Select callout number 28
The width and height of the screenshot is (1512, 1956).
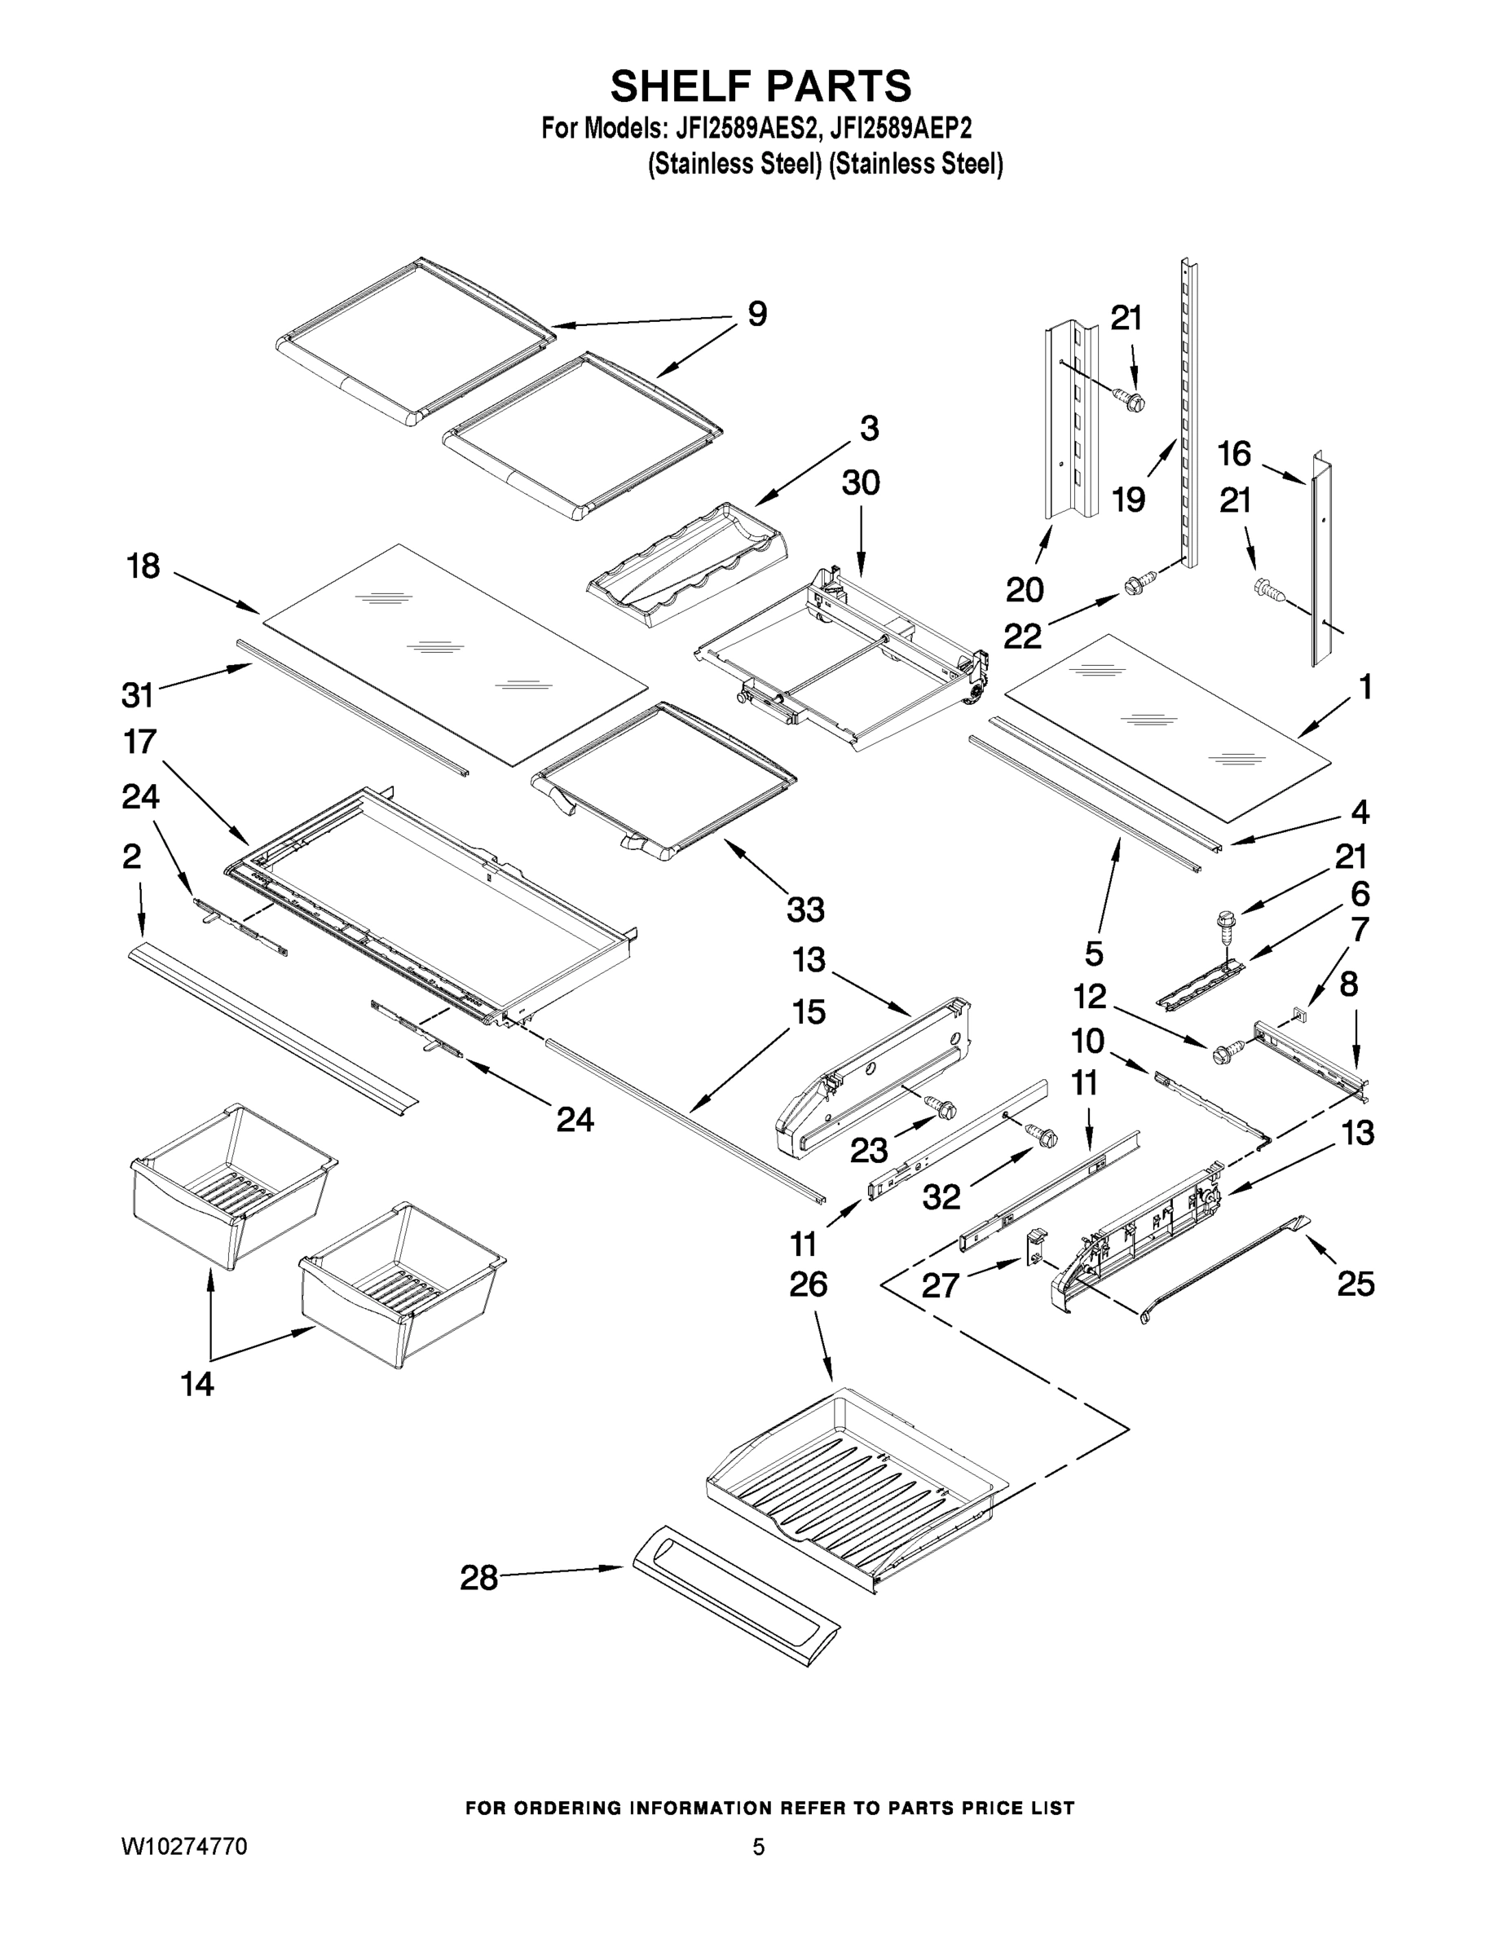coord(478,1578)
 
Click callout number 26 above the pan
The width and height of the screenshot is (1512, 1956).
coord(808,1284)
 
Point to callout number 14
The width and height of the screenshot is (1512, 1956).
coord(197,1384)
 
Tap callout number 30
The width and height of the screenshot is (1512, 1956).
coord(860,482)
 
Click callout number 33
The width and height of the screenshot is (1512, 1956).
coord(804,910)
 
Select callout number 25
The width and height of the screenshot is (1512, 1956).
coord(1356,1284)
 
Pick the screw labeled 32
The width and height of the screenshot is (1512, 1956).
coord(1042,1134)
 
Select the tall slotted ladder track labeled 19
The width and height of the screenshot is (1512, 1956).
coord(1188,412)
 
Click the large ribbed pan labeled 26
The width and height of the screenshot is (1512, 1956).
coord(851,1478)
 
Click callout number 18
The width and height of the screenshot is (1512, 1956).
coord(143,566)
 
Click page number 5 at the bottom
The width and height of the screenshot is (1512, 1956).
coord(758,1847)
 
